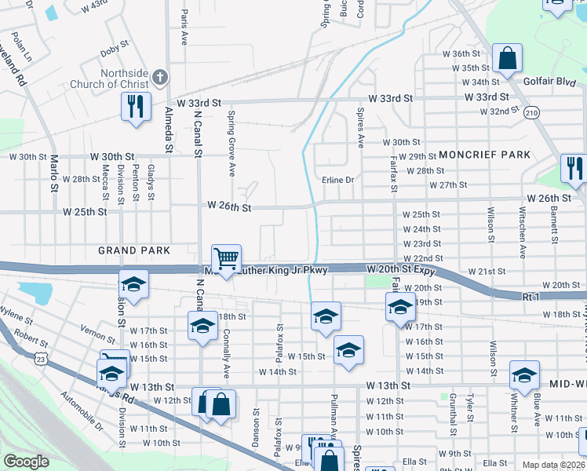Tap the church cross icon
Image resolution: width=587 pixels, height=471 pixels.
coord(159,77)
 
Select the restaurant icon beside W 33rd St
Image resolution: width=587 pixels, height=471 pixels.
coord(135,107)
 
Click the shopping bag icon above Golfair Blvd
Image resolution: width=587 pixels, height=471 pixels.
coord(507,59)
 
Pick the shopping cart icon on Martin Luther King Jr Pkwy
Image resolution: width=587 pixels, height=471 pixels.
coord(226,259)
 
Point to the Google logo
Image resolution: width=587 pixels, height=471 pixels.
coord(27,461)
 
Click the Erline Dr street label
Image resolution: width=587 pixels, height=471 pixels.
coord(338,180)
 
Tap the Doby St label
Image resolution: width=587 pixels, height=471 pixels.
coord(115,52)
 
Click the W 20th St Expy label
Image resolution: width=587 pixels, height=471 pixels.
coord(400,269)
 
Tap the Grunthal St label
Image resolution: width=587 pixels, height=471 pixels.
coord(454,414)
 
